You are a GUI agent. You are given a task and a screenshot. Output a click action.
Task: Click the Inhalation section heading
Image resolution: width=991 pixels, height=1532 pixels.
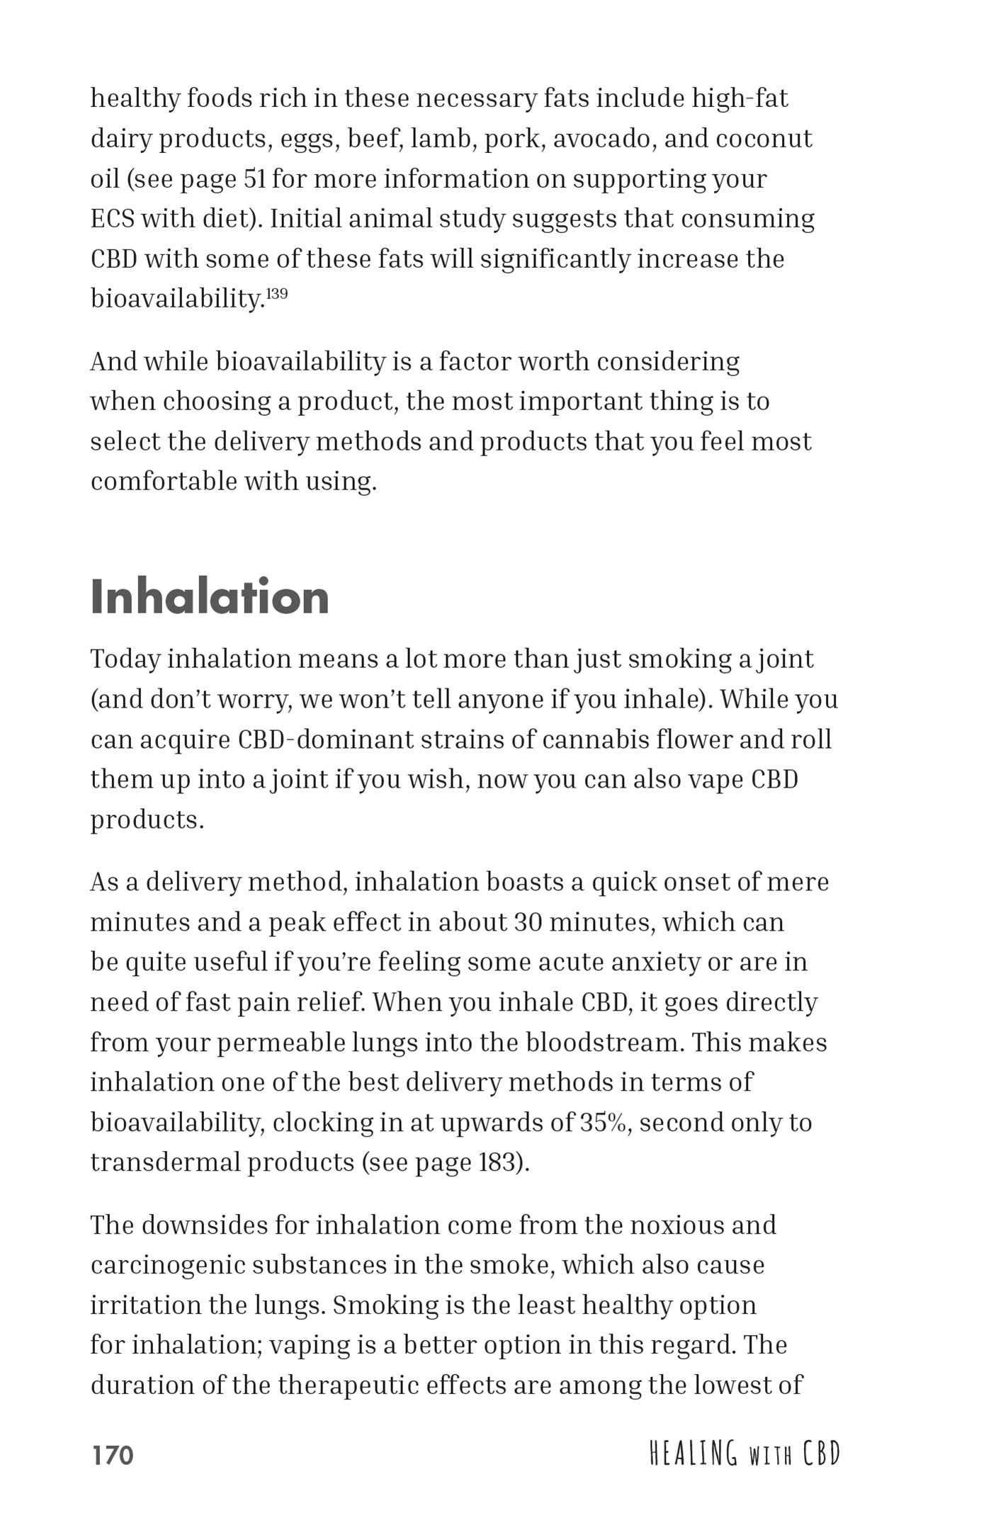tap(210, 596)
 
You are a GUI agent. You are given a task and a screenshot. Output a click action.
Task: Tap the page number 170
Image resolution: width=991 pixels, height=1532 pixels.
tap(113, 1455)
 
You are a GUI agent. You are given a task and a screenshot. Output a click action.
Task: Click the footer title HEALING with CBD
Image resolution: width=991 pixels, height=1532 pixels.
tap(744, 1453)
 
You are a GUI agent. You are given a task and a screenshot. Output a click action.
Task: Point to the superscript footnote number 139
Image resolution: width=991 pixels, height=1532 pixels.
tap(277, 293)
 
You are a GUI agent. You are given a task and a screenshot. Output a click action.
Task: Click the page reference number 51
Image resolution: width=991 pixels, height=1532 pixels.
tap(254, 178)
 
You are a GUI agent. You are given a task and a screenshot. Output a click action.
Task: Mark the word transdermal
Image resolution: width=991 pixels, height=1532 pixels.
tap(165, 1162)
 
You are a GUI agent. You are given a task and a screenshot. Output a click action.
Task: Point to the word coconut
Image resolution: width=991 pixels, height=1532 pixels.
tap(764, 139)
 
